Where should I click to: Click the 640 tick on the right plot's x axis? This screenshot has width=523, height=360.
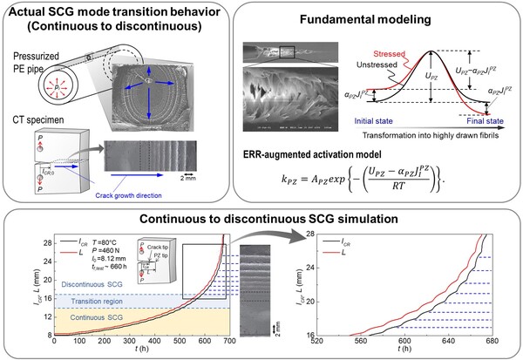[452, 343]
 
